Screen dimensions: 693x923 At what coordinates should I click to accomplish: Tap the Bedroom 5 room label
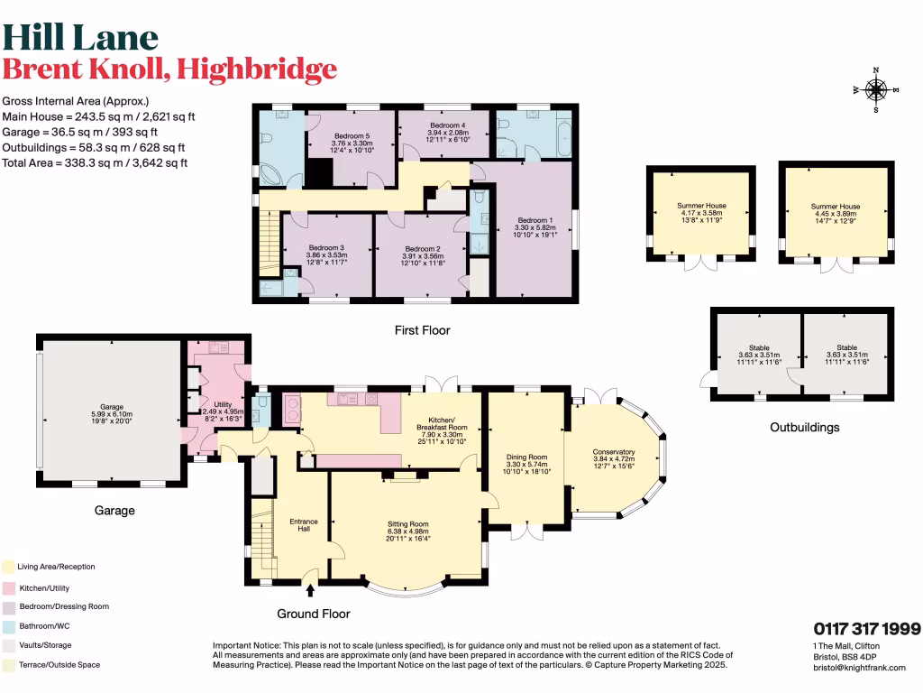[352, 136]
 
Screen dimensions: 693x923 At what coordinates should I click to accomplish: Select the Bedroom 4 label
[447, 125]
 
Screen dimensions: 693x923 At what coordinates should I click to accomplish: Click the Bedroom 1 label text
[535, 220]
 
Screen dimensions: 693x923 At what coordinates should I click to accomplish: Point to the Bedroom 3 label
[326, 248]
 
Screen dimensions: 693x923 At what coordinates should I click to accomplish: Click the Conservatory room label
[614, 452]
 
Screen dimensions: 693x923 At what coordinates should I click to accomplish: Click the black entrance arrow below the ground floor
[311, 592]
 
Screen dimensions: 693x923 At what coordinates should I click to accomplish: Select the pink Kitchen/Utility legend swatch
[8, 587]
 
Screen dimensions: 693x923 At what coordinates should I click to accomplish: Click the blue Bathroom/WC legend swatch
[8, 625]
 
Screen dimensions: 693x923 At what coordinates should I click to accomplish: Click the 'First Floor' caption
[422, 330]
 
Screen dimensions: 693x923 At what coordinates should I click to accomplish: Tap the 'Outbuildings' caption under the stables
[804, 427]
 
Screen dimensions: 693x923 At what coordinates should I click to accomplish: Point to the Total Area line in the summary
[99, 163]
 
